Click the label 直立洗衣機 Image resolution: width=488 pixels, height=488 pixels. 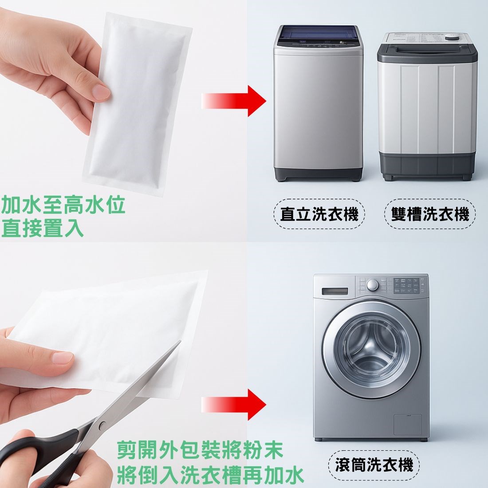coord(319,214)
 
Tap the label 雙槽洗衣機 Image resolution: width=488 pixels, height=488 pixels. coord(430,214)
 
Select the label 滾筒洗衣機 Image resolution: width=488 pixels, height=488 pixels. coord(374,465)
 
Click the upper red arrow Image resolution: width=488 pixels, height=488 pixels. coord(234,101)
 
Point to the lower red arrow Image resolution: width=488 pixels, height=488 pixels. coord(234,405)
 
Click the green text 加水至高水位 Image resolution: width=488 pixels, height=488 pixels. coord(63,205)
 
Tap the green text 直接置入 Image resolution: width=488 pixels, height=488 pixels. coord(43,228)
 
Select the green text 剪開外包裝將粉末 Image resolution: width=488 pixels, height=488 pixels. coord(200,450)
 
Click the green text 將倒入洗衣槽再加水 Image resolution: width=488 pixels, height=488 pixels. coord(210,475)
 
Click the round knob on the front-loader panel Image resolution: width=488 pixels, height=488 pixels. coord(373,285)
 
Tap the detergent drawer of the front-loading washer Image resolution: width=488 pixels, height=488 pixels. coord(335,291)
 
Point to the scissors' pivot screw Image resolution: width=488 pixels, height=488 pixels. coord(102,425)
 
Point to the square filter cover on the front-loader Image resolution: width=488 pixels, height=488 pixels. coord(408,425)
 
